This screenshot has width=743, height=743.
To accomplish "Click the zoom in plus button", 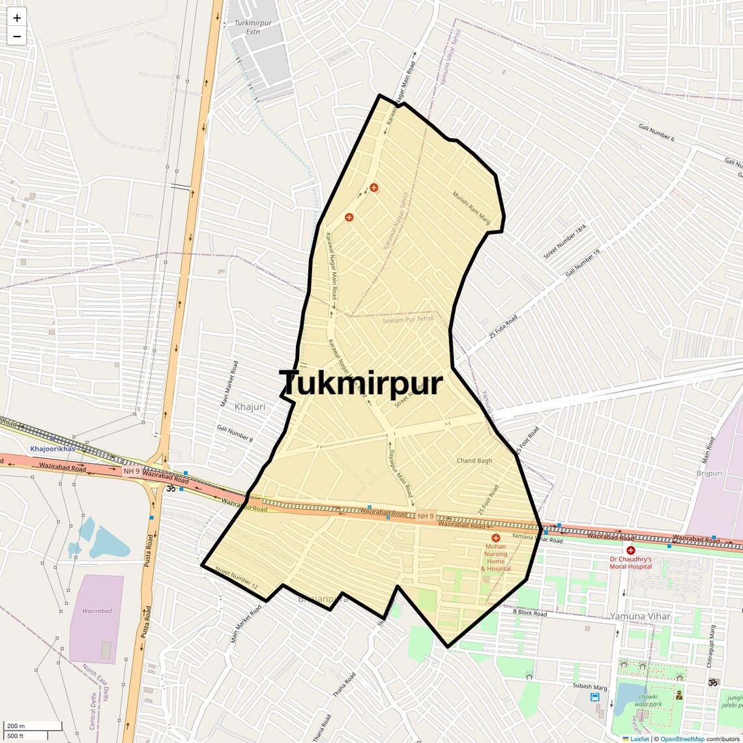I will (17, 18).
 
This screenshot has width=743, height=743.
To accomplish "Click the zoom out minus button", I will (17, 36).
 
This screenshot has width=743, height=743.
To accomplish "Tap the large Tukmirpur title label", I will (361, 383).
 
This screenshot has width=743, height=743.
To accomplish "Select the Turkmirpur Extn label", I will (253, 27).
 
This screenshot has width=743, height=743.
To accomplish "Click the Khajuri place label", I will (250, 407).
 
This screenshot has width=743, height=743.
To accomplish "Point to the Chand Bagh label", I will (474, 461).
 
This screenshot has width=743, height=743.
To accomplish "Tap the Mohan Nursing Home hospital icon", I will (496, 538).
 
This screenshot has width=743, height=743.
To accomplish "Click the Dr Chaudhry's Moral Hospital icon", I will (630, 550).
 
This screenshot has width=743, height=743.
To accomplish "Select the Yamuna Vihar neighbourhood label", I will (641, 616).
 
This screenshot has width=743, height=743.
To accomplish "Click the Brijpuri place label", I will (709, 473).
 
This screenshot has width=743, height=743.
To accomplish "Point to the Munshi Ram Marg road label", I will (471, 207).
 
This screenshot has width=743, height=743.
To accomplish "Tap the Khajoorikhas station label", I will (52, 449).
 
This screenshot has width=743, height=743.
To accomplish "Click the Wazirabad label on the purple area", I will (96, 611).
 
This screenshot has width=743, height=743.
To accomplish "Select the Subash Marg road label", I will (589, 686).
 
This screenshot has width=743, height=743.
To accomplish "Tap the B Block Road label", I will (529, 612).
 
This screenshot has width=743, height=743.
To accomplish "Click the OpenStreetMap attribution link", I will (682, 738).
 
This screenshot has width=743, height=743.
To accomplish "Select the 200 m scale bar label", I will (16, 726).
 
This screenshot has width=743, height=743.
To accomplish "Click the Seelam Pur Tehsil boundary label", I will (407, 319).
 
